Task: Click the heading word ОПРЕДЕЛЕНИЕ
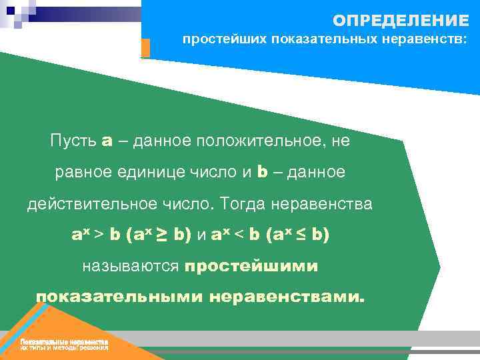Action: pyautogui.click(x=401, y=19)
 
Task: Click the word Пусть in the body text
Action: pyautogui.click(x=73, y=141)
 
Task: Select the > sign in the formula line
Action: pyautogui.click(x=97, y=235)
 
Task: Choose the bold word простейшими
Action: pyautogui.click(x=251, y=267)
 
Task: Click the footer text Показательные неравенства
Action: pyautogui.click(x=64, y=342)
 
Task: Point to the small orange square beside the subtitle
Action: pyautogui.click(x=146, y=47)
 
